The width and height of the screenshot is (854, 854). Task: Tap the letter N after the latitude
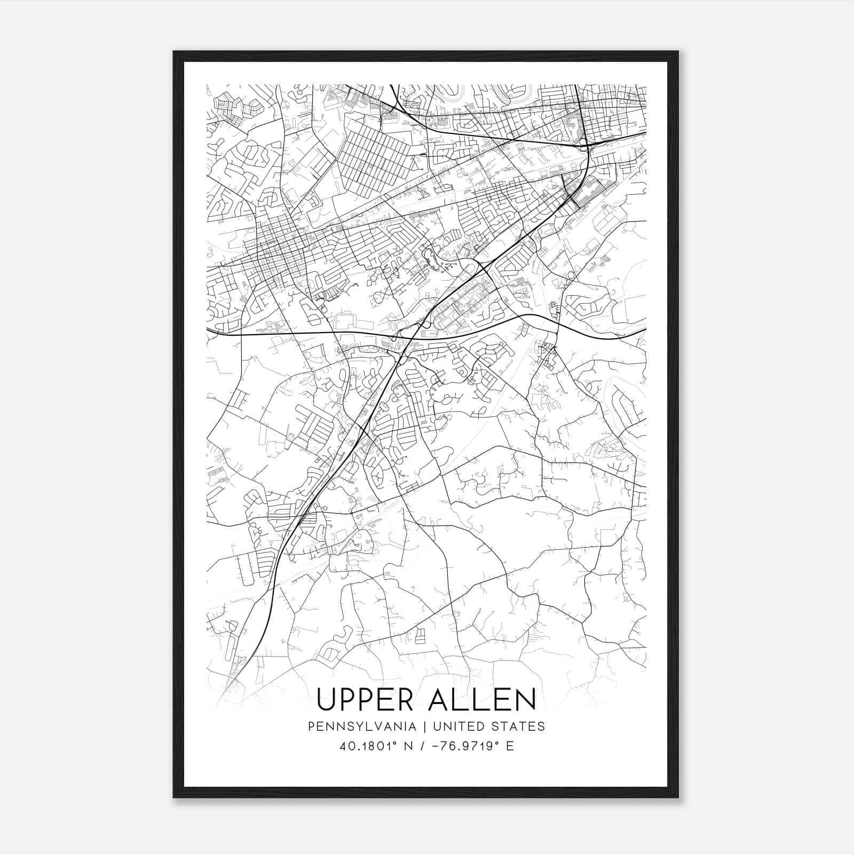coord(409,746)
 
